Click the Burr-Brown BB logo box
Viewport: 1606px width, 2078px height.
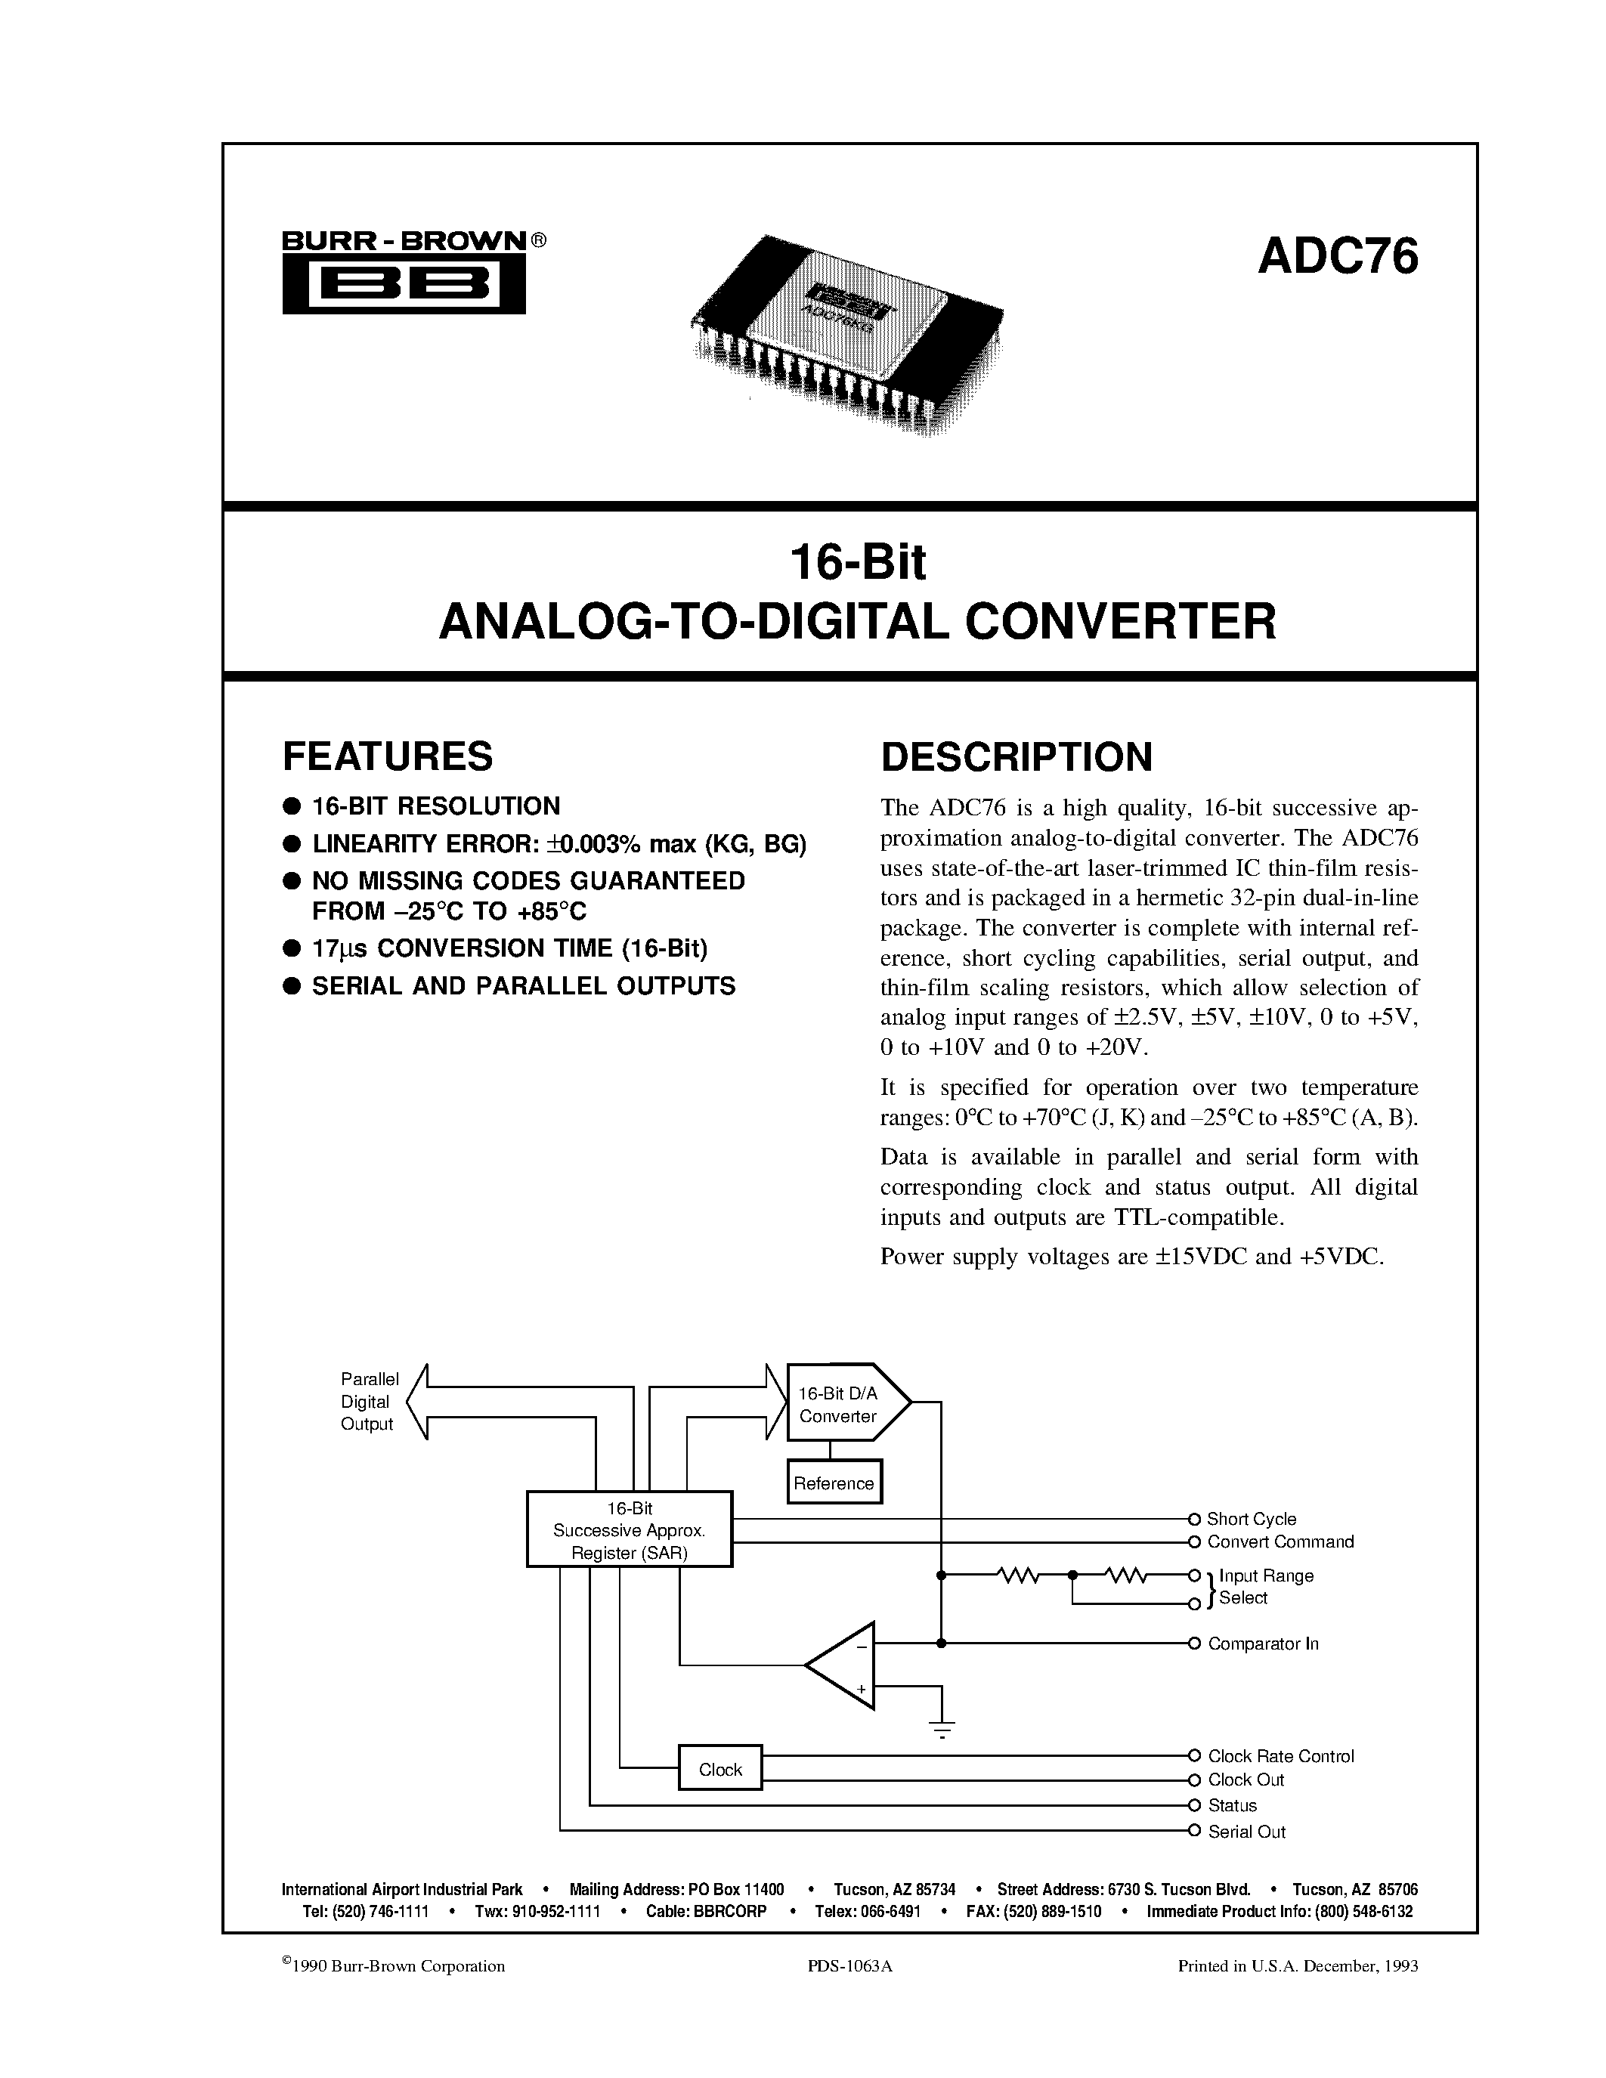click(404, 286)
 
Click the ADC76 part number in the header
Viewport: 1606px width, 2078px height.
click(1337, 257)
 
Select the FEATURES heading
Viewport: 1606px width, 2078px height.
click(387, 756)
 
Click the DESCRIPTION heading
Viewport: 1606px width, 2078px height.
click(1016, 757)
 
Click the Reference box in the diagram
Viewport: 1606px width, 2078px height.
click(834, 1483)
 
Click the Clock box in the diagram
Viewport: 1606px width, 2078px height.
click(719, 1770)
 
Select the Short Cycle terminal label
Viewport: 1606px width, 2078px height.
click(1250, 1520)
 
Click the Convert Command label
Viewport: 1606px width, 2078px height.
click(1280, 1542)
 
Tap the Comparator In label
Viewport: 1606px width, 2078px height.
click(1263, 1644)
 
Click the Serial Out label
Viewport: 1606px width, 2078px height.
click(1246, 1832)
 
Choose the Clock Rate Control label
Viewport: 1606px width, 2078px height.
click(1280, 1756)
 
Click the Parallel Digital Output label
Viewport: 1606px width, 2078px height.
click(368, 1402)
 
